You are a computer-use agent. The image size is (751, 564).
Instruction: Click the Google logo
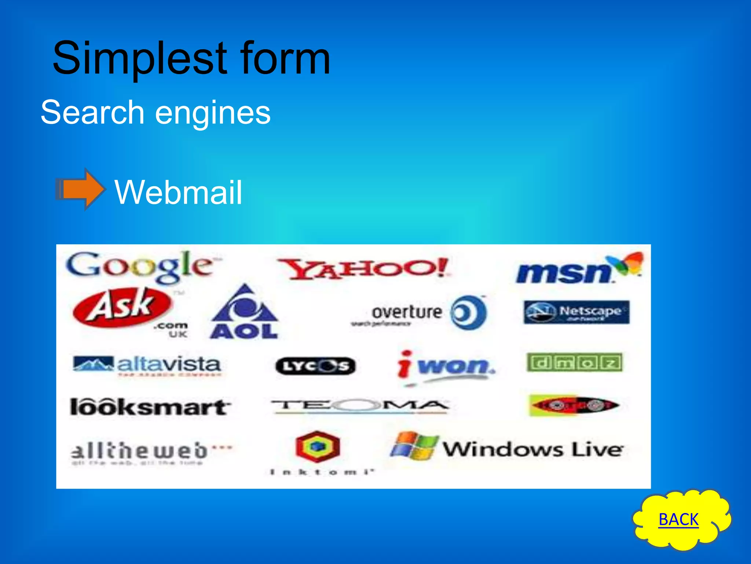click(x=141, y=266)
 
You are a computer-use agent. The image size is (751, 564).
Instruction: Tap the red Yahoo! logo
click(x=363, y=268)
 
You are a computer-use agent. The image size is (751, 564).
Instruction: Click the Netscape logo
click(x=576, y=312)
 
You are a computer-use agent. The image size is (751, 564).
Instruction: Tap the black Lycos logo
click(x=315, y=366)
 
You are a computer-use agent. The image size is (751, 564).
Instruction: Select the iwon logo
click(x=446, y=365)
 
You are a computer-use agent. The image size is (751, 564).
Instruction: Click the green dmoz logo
click(x=574, y=362)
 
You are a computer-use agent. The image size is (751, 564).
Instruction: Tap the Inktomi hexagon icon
click(x=318, y=446)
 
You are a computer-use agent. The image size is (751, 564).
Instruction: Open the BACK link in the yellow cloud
click(x=678, y=520)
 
